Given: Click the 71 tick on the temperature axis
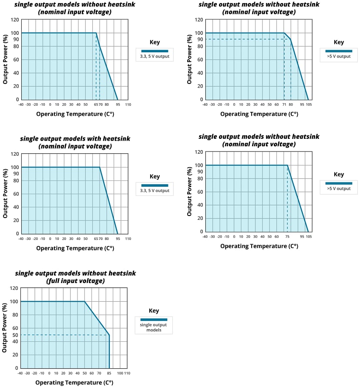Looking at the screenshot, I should click(284, 104).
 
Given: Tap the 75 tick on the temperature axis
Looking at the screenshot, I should click(287, 236).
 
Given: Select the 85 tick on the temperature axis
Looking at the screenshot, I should click(109, 373).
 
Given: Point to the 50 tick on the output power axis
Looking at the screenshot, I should click(15, 335).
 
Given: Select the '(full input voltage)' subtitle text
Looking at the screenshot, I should click(75, 281).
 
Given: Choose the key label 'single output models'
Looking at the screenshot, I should click(153, 327).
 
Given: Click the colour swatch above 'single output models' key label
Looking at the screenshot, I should click(153, 320).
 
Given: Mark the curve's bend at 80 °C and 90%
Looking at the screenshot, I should click(291, 40).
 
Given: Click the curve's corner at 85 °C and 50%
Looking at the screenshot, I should click(109, 335).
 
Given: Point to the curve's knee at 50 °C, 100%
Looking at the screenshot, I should click(84, 301).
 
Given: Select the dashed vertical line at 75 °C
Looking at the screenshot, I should click(287, 200).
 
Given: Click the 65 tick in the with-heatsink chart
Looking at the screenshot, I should click(96, 239).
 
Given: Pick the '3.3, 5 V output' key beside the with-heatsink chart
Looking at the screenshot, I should click(155, 191).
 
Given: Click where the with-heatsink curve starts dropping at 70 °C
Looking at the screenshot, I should click(100, 167).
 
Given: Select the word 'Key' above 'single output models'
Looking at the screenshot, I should click(154, 311).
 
